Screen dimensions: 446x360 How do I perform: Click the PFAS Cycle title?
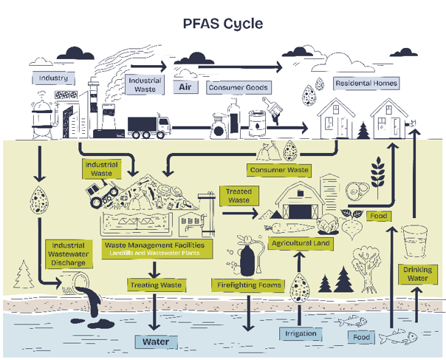(223, 24)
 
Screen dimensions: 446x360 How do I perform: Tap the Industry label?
(53, 78)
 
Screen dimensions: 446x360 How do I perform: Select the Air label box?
(185, 87)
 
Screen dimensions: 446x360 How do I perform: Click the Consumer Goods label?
(239, 87)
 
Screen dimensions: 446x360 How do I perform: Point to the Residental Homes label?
(366, 84)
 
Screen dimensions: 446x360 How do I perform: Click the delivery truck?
(149, 127)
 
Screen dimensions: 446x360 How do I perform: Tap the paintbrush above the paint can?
(272, 110)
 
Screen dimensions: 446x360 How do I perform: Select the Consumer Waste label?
(279, 170)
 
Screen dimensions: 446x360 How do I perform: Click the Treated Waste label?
(239, 196)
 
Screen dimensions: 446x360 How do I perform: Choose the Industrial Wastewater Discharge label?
(69, 254)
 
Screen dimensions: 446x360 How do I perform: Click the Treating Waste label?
(156, 285)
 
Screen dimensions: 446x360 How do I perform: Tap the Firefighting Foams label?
(249, 285)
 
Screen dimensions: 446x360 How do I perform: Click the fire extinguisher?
(247, 256)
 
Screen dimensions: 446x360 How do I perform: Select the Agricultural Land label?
(301, 243)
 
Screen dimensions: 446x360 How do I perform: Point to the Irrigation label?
(301, 333)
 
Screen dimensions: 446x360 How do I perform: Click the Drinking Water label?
(417, 274)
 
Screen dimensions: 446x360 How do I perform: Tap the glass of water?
(414, 242)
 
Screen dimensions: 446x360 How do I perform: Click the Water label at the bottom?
(156, 342)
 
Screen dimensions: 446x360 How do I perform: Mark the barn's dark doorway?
(300, 212)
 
